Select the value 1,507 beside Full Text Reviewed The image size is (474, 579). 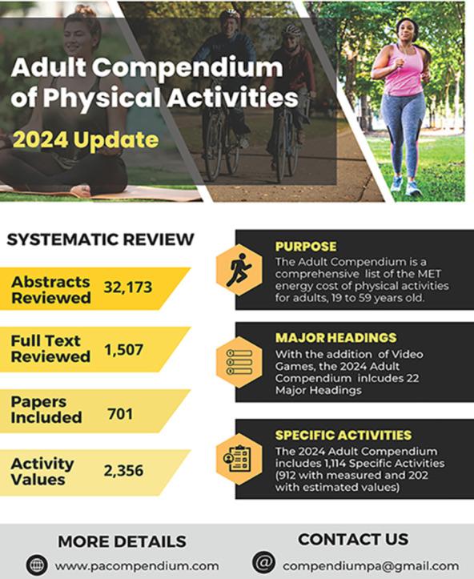[x=123, y=348]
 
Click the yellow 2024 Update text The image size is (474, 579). [x=86, y=140]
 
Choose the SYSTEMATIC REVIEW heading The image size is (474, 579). [x=100, y=239]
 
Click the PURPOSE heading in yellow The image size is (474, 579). [x=306, y=247]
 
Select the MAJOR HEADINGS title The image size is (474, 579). [x=335, y=338]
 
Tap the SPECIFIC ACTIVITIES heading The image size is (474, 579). [x=343, y=435]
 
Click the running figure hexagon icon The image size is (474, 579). [x=239, y=270]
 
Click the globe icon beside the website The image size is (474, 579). [x=37, y=565]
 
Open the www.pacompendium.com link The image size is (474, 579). [x=137, y=565]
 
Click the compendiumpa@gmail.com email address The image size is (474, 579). [x=371, y=565]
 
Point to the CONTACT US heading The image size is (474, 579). [x=353, y=539]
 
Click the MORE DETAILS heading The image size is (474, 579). [x=122, y=541]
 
